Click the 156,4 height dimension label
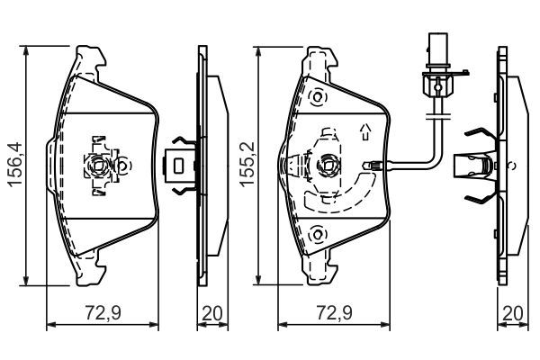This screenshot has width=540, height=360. click(x=12, y=163)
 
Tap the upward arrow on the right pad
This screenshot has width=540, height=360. click(x=365, y=131)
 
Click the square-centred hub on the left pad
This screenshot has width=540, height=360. click(x=99, y=164)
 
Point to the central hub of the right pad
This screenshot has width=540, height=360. click(x=328, y=166)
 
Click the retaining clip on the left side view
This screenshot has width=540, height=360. click(x=181, y=165)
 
